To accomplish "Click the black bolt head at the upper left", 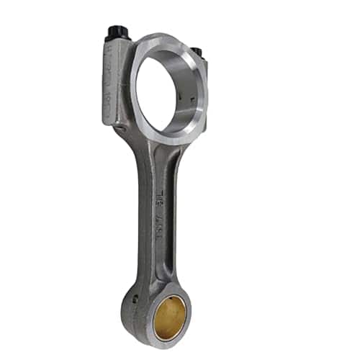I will coord(117,33).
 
